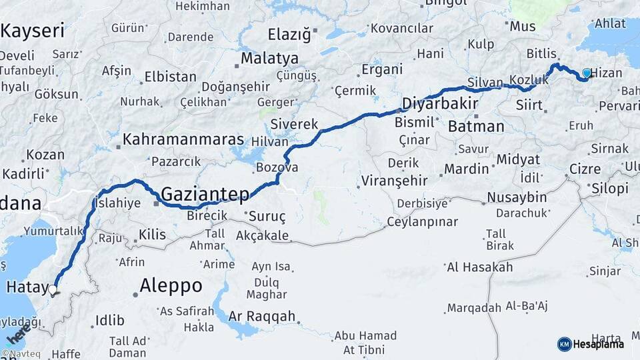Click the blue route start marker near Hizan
click(x=587, y=73)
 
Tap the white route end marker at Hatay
click(x=53, y=289)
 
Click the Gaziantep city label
click(x=205, y=194)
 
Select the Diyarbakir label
click(x=440, y=103)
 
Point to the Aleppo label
click(x=171, y=285)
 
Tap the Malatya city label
click(x=270, y=58)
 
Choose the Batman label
click(x=476, y=126)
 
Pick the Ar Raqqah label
click(x=261, y=316)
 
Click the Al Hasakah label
click(x=479, y=267)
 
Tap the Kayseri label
click(x=33, y=30)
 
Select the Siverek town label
click(x=294, y=124)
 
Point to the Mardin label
click(x=467, y=169)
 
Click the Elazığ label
click(x=289, y=34)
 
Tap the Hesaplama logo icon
click(x=564, y=344)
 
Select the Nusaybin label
click(x=517, y=197)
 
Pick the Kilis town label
click(x=152, y=234)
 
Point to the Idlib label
click(x=110, y=321)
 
